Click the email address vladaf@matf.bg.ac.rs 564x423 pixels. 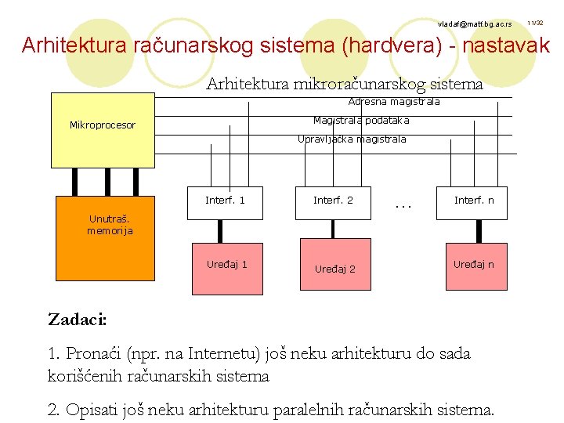[475, 24]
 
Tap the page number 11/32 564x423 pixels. [536, 23]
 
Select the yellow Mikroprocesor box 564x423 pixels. [102, 129]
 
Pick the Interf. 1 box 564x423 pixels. [225, 202]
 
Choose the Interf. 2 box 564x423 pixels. [333, 202]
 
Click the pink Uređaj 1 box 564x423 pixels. [226, 266]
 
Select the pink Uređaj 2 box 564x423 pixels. [334, 268]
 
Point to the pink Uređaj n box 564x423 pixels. [473, 266]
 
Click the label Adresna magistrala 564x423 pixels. [394, 102]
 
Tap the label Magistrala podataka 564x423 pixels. [361, 121]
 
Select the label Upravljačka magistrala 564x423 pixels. [352, 139]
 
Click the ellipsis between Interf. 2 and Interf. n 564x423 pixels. [403, 206]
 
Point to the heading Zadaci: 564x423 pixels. [78, 320]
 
